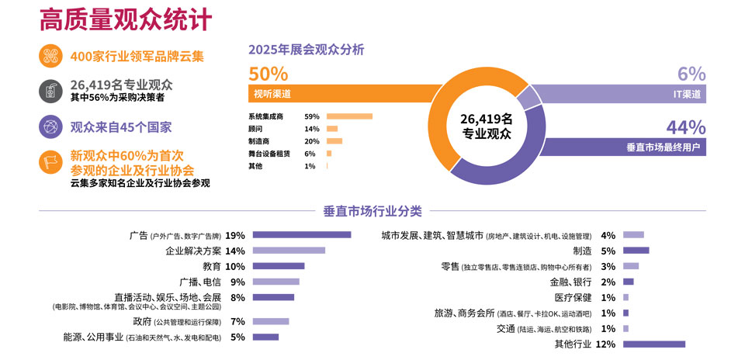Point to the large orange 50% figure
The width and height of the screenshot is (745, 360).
pos(268,74)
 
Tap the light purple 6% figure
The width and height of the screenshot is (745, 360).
pos(691,74)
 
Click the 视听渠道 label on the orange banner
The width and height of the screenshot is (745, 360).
pos(272,94)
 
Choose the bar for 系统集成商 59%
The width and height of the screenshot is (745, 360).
pos(349,116)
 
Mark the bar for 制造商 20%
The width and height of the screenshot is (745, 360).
pos(334,141)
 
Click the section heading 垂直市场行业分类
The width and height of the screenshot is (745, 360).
pos(372,210)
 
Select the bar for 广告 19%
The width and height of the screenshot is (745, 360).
pos(301,235)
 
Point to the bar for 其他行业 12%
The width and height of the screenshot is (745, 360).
pos(653,344)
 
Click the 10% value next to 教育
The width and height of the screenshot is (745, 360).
pos(234,266)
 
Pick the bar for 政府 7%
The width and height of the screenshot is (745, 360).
pos(270,321)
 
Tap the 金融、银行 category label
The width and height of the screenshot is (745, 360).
pos(570,282)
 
